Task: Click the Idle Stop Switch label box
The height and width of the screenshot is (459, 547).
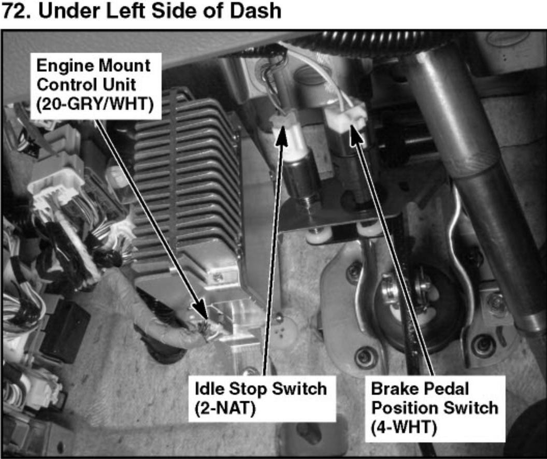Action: coord(261,396)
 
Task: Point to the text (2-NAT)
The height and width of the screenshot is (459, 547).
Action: coord(225,407)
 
